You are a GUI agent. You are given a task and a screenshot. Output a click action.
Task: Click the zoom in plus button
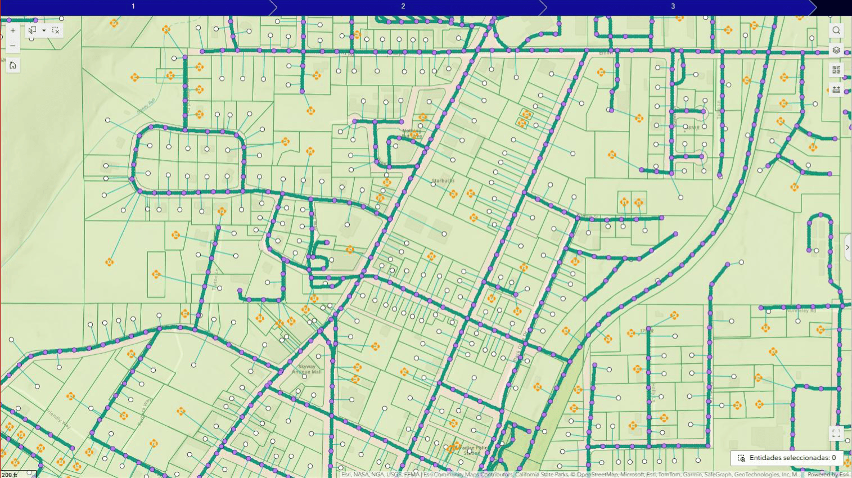(x=12, y=31)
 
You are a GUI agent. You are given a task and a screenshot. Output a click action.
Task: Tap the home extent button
(x=12, y=65)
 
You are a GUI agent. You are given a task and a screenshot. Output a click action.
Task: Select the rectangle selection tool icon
(x=33, y=31)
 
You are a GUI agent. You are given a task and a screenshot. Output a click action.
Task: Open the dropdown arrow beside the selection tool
(x=44, y=31)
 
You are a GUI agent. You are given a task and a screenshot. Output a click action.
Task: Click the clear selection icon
(x=56, y=31)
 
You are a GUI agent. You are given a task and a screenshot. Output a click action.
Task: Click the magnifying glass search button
(x=836, y=31)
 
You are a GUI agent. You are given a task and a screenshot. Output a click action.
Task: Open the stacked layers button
(x=836, y=51)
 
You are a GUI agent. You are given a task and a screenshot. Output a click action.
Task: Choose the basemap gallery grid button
(x=836, y=70)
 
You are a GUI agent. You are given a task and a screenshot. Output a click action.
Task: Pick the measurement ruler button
(x=836, y=89)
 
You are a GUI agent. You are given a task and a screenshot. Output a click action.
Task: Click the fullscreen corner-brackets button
(x=836, y=434)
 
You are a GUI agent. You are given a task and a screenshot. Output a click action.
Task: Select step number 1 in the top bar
(x=133, y=6)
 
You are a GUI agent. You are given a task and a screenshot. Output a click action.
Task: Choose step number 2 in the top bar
(x=403, y=6)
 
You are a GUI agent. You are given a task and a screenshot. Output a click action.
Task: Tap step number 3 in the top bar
(x=673, y=6)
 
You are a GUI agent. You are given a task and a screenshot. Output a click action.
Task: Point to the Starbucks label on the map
(x=443, y=181)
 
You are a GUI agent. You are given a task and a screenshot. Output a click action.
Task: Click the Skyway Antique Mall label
(x=306, y=369)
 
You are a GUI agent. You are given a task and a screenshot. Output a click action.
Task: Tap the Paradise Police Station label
(x=471, y=450)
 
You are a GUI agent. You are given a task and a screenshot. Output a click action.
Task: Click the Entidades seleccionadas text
(x=792, y=458)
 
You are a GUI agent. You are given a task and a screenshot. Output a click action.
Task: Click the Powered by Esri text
(x=828, y=475)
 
